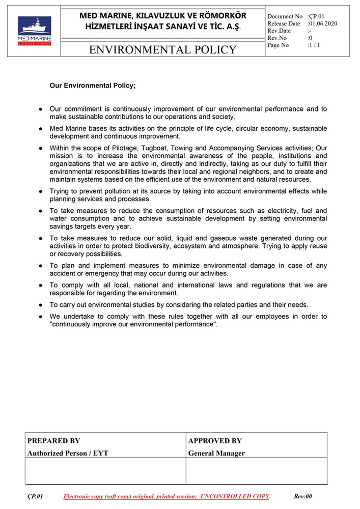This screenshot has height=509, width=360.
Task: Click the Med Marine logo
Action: [x=35, y=31]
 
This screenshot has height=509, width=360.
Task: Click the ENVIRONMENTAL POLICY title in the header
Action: [x=162, y=49]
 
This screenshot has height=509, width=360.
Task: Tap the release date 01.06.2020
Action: [x=323, y=23]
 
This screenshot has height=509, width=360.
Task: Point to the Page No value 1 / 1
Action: [x=314, y=45]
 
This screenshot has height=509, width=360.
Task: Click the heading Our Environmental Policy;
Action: [x=93, y=86]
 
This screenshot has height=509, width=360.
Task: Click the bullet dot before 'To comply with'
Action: [x=40, y=286]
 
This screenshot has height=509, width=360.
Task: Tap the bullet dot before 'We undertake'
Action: [x=40, y=317]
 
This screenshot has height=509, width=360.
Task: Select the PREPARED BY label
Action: [x=53, y=441]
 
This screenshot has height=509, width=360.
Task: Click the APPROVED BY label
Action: [x=215, y=441]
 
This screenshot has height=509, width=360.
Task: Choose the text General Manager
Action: [x=216, y=453]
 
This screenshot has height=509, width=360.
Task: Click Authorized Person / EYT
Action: [x=68, y=453]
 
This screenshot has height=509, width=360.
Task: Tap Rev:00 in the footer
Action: [x=303, y=496]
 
